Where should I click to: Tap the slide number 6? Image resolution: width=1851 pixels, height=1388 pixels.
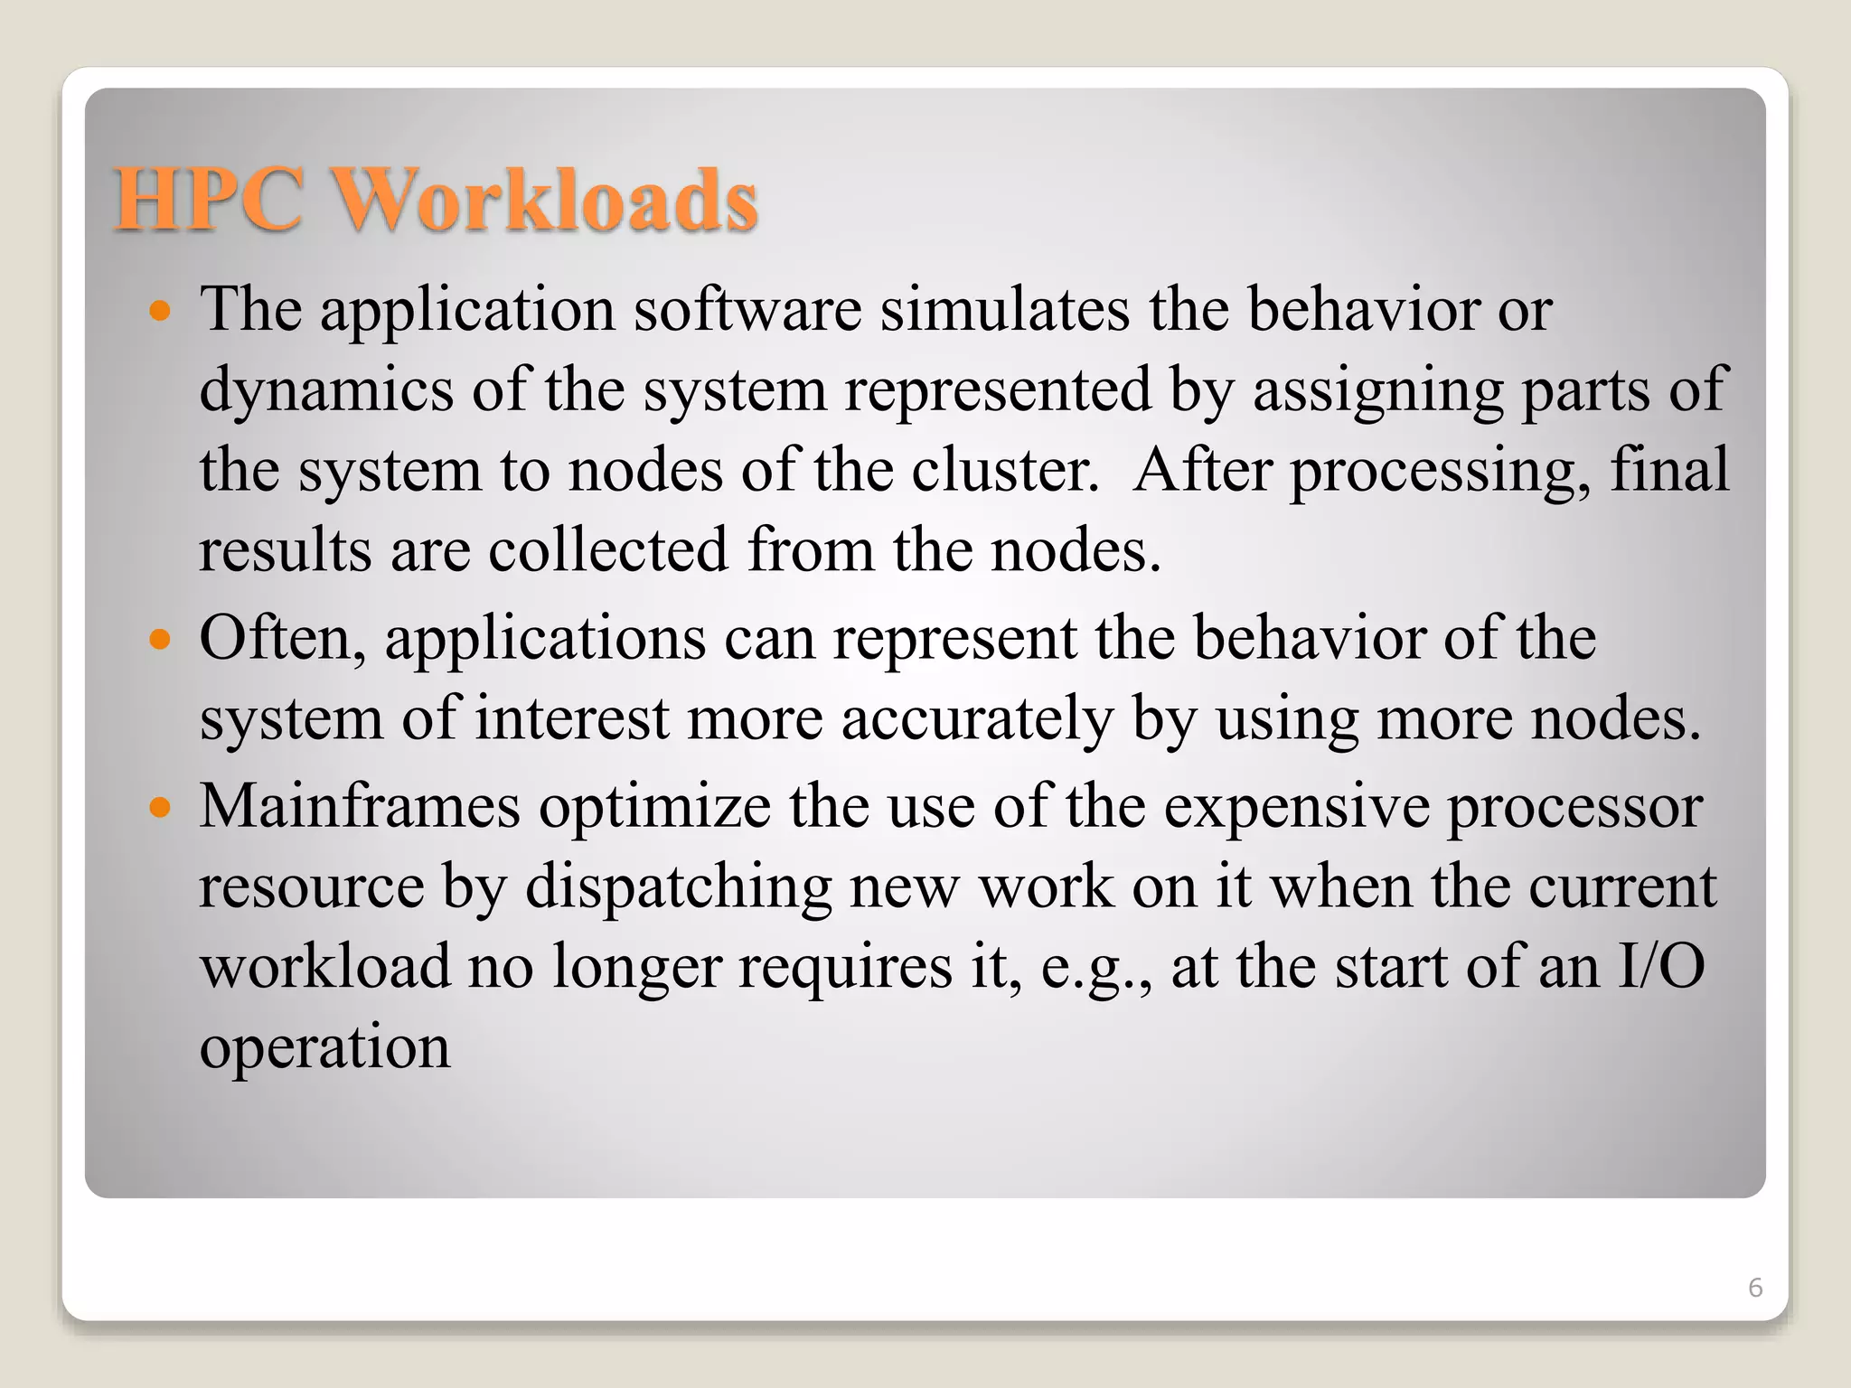(1755, 1287)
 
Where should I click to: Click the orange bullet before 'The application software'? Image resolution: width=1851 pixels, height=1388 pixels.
(160, 313)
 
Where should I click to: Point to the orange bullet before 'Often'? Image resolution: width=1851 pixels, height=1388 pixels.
(160, 641)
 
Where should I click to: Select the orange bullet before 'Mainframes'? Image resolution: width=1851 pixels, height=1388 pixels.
(160, 807)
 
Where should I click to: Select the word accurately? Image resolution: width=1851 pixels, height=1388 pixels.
(977, 719)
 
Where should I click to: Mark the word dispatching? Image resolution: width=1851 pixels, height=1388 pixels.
(679, 887)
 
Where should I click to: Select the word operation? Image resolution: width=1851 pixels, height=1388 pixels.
(324, 1048)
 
